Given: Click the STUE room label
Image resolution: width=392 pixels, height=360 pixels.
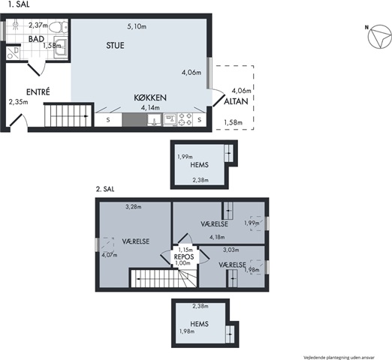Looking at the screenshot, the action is [115, 46].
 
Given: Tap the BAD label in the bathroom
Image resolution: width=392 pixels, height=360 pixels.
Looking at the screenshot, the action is [36, 39].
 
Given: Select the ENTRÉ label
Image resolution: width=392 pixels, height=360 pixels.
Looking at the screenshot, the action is [38, 92].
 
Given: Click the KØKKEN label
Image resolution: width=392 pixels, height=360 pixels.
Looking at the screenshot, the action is [150, 97].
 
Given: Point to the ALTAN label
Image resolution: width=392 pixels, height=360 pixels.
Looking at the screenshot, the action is [236, 101].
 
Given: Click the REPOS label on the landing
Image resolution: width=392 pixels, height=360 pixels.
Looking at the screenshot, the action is [184, 256].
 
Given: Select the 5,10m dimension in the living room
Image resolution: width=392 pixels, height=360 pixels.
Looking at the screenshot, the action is [137, 26].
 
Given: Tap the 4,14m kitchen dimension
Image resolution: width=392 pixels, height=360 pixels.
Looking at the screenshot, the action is [150, 108].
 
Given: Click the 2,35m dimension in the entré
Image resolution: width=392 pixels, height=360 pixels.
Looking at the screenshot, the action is [18, 102].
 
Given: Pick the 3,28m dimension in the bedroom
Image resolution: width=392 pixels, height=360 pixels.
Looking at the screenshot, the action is [134, 207].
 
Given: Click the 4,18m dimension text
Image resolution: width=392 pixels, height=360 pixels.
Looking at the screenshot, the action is [217, 237].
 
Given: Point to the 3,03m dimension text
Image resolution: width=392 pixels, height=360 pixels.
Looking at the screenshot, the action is [231, 250].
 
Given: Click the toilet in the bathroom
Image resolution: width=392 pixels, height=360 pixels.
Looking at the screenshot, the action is [59, 27].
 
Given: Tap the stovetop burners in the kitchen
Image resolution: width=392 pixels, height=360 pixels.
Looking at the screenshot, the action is [185, 119].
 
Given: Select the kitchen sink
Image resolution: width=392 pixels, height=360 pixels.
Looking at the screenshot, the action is [155, 119].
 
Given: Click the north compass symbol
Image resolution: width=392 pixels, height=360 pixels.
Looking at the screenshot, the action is [380, 37].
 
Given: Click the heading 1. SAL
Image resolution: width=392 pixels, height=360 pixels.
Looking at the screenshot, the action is [19, 4].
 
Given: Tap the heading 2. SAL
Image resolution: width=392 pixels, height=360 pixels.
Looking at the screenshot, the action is [105, 189].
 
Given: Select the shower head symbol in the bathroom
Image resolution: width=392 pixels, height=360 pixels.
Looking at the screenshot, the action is [16, 25].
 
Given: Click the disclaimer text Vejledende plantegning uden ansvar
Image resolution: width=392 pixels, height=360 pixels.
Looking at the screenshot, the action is [339, 358].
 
